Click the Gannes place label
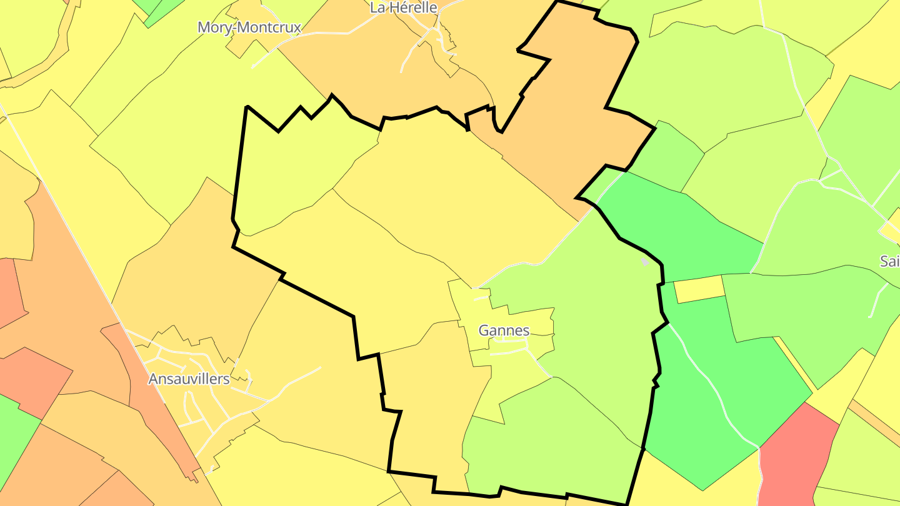click(504, 330)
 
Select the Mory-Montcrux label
click(249, 27)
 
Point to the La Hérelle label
click(403, 7)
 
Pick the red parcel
click(797, 456)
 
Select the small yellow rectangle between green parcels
click(699, 289)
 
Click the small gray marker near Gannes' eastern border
click(646, 262)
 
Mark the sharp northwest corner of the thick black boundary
click(247, 107)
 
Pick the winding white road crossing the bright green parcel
click(706, 375)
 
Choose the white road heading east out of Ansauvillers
click(294, 381)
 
